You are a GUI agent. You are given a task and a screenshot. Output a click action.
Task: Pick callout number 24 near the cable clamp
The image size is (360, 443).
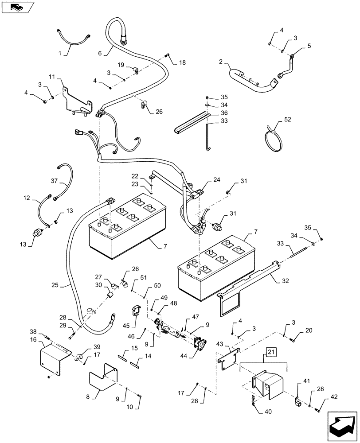pos(216,180)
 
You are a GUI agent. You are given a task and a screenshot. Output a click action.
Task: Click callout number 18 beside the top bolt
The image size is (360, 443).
pos(183,63)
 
